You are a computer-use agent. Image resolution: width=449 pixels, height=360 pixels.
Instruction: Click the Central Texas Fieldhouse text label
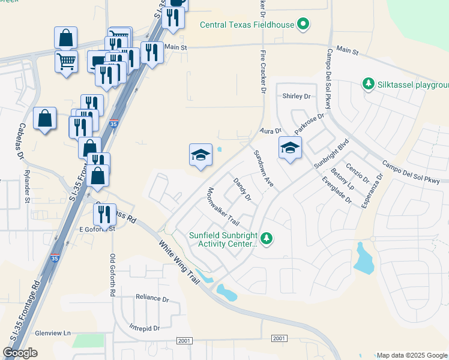point(248,25)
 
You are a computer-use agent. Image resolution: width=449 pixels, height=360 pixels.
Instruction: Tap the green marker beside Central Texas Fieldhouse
point(304,25)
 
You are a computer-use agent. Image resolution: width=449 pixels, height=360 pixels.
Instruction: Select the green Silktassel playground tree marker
point(368,84)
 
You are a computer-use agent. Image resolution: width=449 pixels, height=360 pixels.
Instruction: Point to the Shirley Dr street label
point(297,96)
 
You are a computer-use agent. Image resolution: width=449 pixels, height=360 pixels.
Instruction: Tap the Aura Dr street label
point(270,130)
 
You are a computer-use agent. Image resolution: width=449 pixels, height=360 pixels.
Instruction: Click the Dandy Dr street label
point(242,188)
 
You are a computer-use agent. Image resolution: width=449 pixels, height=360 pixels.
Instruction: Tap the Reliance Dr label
point(152,298)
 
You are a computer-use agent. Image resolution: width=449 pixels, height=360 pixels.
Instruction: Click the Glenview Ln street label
point(53,333)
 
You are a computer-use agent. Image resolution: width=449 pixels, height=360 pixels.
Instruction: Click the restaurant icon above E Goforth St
point(104,215)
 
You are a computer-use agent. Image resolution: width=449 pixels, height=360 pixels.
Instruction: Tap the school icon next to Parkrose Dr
point(290,148)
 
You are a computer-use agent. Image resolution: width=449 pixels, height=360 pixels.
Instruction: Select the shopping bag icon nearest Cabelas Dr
point(45,119)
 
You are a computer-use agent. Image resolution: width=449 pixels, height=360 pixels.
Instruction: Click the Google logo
point(20,353)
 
